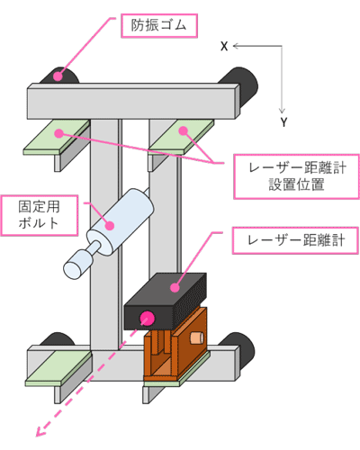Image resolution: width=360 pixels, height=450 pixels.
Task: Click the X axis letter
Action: point(223,46)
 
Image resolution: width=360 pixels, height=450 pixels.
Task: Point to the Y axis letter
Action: point(284,121)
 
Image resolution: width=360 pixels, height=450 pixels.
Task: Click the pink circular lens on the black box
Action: point(148,317)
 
